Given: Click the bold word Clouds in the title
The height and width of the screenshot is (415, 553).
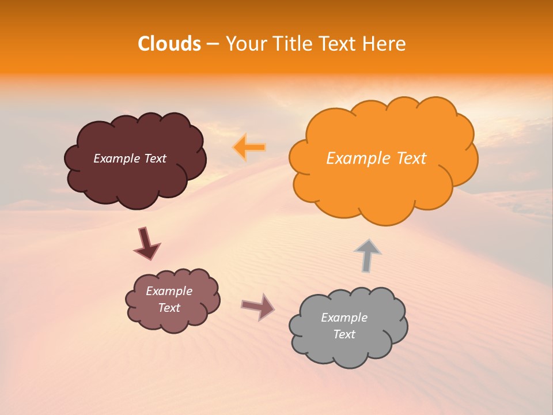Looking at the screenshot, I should [x=169, y=44].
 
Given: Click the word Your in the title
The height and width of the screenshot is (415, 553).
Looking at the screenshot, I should [x=244, y=44].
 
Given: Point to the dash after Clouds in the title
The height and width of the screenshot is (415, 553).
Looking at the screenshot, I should [x=213, y=44].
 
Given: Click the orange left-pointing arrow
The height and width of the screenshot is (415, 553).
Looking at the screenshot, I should [x=249, y=148].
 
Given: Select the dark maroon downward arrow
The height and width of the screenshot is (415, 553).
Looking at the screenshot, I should [x=146, y=243].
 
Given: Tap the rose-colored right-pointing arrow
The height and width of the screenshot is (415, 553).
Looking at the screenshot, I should [x=258, y=306].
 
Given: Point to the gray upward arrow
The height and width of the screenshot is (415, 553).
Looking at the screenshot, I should [x=368, y=255].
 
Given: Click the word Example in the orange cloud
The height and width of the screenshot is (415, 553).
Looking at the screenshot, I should [x=354, y=159].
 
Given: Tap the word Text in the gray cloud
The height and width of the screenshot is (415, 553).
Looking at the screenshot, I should [x=344, y=334].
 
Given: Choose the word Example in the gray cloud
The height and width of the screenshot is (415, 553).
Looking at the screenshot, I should [x=344, y=318].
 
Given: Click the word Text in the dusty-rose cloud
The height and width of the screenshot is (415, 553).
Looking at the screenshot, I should [x=169, y=308].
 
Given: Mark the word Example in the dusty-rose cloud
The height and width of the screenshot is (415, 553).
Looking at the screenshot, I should [x=169, y=291].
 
